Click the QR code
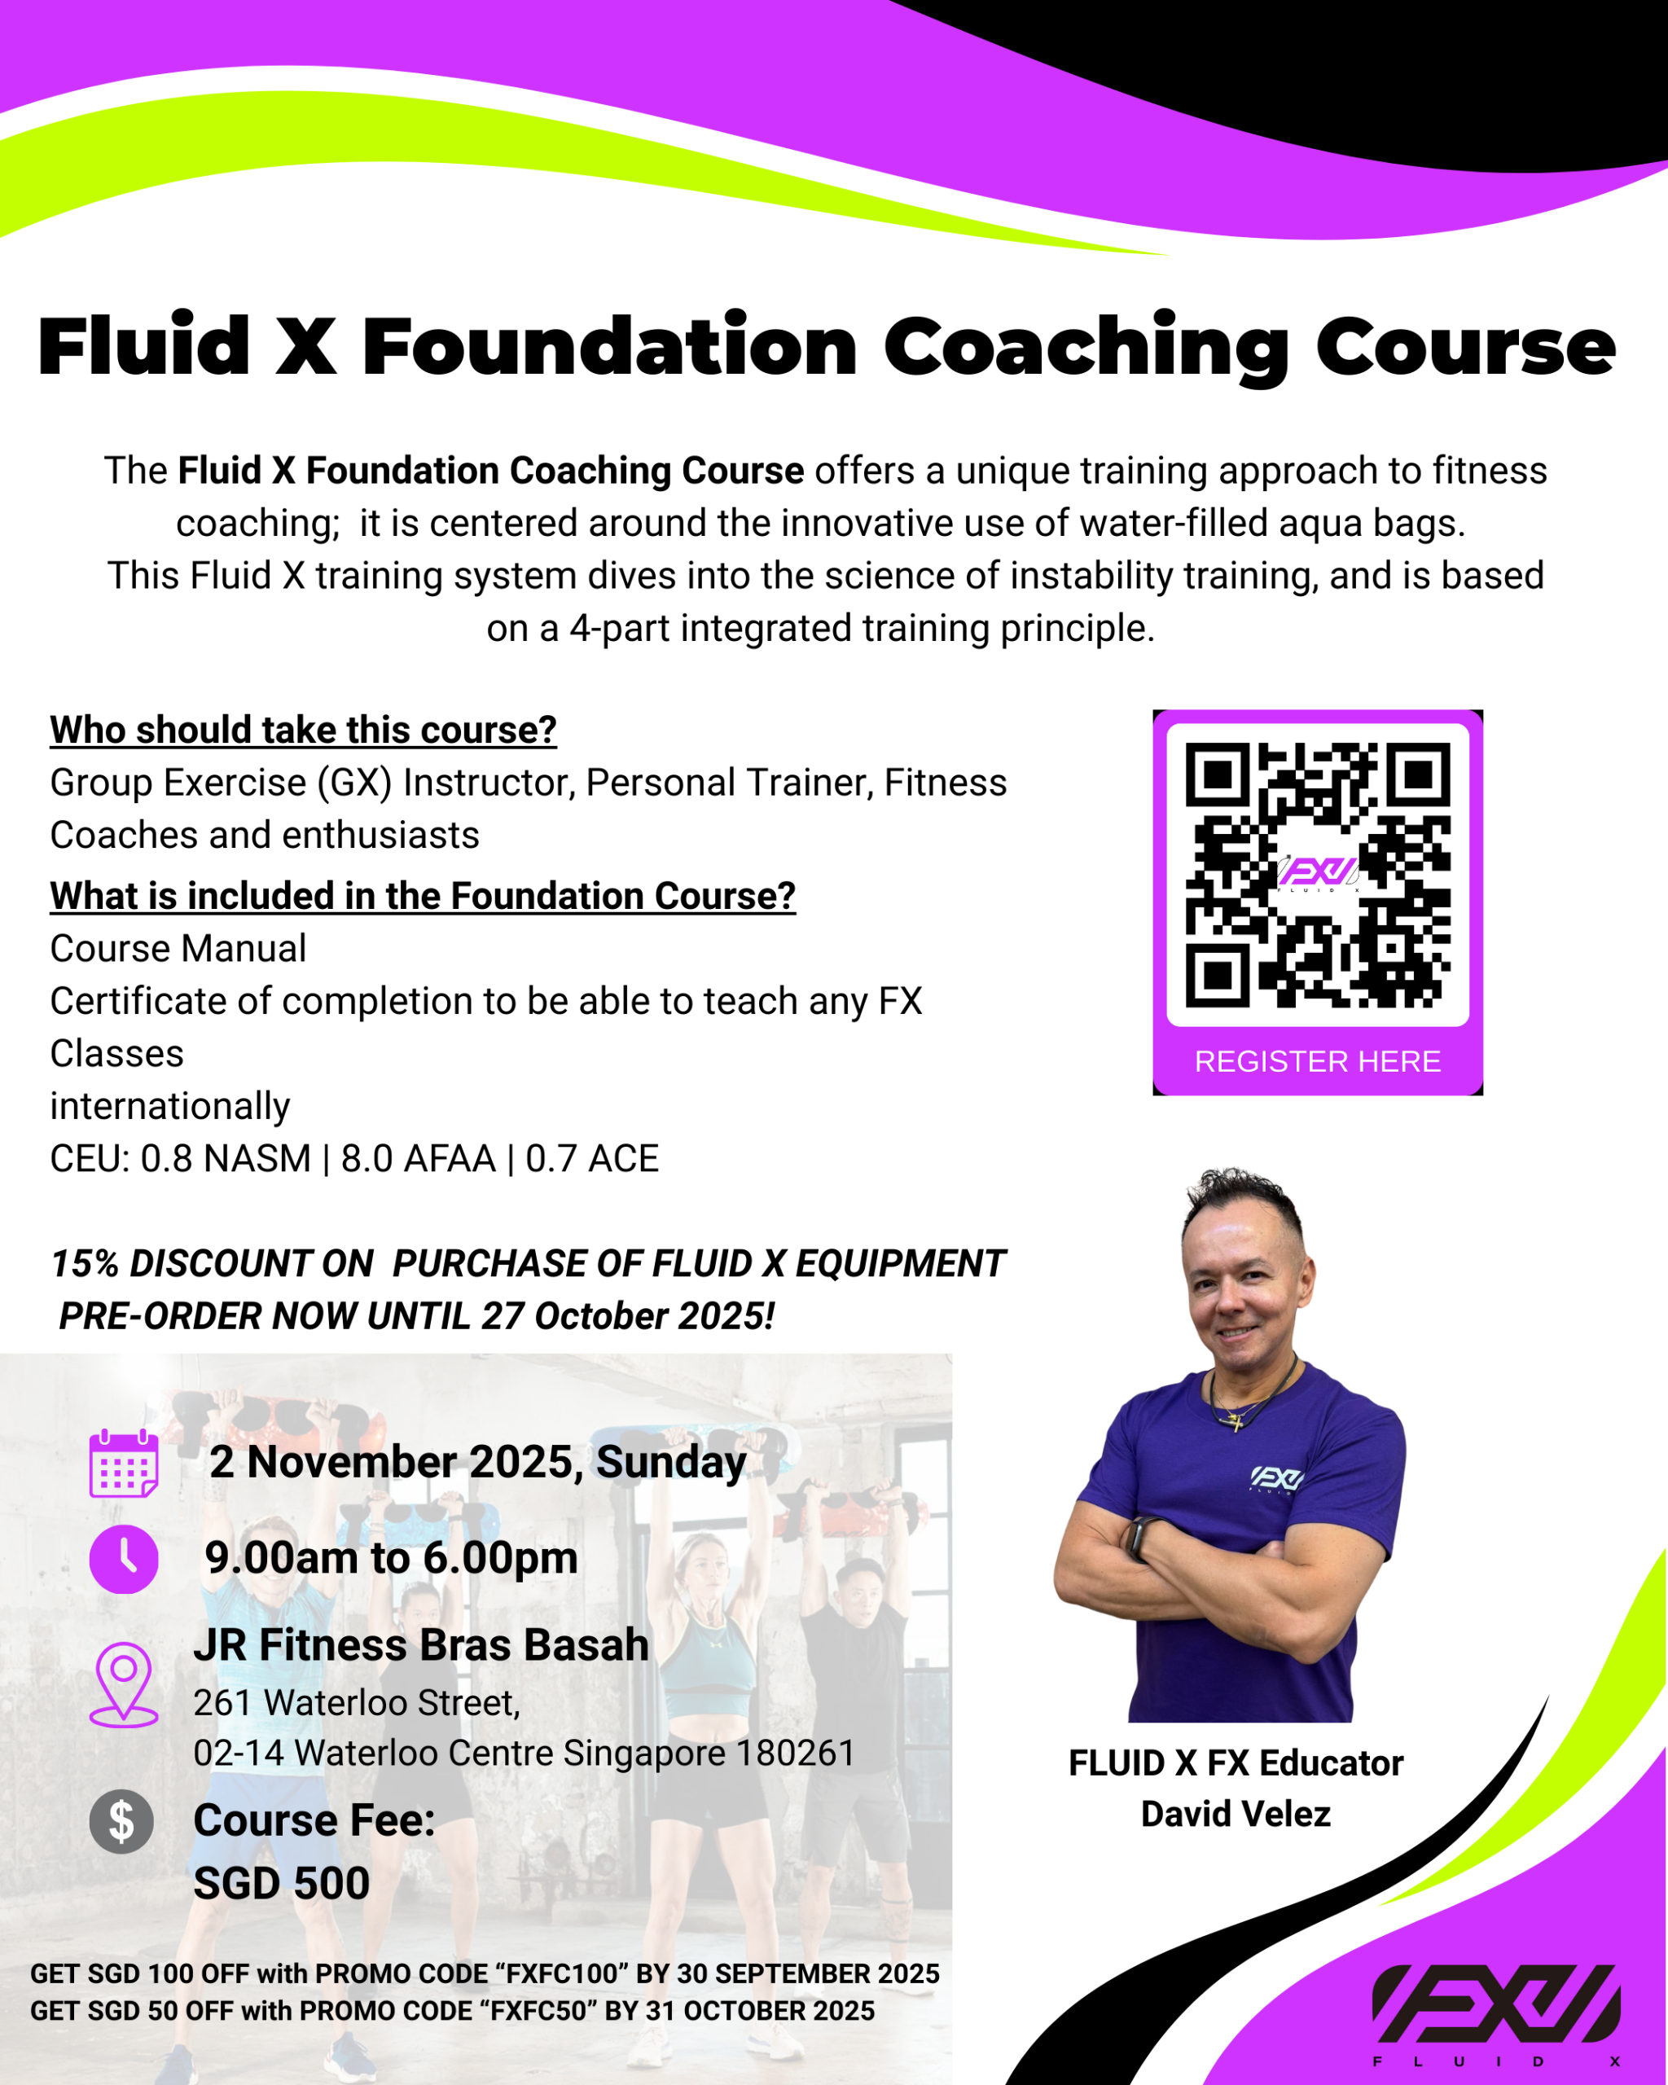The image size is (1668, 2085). pyautogui.click(x=1317, y=874)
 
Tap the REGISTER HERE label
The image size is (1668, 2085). pyautogui.click(x=1317, y=1061)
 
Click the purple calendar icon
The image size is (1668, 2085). pyautogui.click(x=124, y=1464)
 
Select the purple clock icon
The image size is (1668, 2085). pyautogui.click(x=124, y=1559)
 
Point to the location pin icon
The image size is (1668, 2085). pyautogui.click(x=124, y=1683)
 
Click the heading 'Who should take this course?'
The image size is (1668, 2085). pyautogui.click(x=303, y=730)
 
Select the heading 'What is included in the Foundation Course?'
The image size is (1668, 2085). pyautogui.click(x=423, y=896)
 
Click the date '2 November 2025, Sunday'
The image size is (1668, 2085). pyautogui.click(x=477, y=1461)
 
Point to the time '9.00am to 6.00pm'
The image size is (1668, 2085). pyautogui.click(x=392, y=1557)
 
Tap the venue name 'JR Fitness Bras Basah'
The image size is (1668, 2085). pyautogui.click(x=420, y=1644)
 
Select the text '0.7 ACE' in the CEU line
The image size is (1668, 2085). pyautogui.click(x=592, y=1158)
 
